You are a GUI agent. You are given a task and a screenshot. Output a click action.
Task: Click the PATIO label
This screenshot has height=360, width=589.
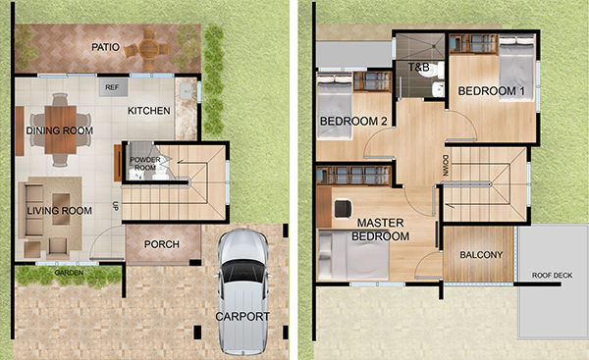106,47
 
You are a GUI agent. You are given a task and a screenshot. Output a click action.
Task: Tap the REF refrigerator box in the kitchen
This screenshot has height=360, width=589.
113,87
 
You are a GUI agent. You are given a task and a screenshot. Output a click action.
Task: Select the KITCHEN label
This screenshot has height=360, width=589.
149,111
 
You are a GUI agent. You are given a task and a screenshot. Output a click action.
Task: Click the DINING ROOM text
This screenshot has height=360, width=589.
59,130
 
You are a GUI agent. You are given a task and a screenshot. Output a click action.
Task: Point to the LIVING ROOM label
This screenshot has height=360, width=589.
59,211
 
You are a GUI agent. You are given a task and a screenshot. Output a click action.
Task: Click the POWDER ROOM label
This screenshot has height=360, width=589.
145,164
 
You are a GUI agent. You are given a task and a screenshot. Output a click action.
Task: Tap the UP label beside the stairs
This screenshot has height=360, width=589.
115,206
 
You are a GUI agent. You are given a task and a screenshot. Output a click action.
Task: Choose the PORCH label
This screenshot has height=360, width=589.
162,244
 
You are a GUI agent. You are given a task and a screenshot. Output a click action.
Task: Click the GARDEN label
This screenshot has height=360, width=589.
69,273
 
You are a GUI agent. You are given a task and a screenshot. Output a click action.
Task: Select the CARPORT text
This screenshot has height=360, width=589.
242,317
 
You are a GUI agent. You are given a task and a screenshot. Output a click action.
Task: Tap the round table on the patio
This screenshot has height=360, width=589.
149,48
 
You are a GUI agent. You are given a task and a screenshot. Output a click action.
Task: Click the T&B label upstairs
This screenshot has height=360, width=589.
419,68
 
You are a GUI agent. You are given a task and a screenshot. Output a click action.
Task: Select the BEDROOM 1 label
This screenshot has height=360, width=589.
492,91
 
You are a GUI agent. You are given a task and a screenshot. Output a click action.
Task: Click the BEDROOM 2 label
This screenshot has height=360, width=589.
353,122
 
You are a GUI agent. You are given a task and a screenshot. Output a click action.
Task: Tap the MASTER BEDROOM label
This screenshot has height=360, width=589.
380,230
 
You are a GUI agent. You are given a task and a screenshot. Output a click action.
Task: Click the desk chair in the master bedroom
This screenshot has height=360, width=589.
344,209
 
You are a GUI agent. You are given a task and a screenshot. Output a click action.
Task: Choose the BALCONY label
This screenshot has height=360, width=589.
481,255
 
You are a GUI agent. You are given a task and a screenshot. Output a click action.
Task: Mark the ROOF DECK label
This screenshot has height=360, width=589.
552,276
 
